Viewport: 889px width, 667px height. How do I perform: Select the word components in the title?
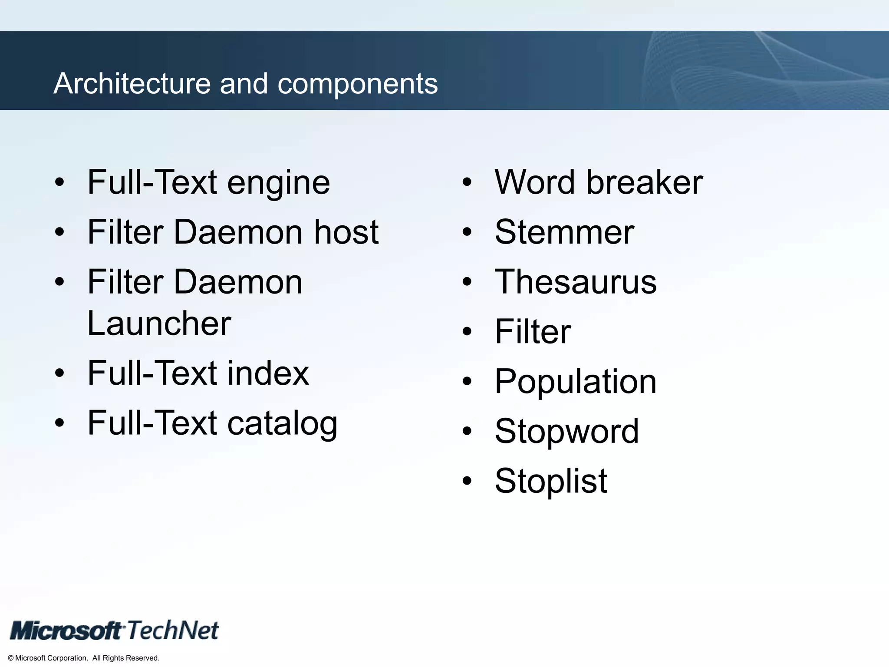(x=357, y=84)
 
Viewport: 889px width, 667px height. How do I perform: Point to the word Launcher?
(x=159, y=324)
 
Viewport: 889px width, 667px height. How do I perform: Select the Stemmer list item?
(x=564, y=232)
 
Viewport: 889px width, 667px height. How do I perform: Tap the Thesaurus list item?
(x=576, y=282)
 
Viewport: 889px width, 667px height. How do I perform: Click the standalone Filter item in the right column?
(x=533, y=332)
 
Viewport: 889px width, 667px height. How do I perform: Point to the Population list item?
(x=576, y=382)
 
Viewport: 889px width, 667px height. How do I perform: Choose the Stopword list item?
(x=566, y=431)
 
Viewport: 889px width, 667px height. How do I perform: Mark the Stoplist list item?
(x=551, y=481)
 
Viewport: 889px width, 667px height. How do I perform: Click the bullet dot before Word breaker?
(x=467, y=182)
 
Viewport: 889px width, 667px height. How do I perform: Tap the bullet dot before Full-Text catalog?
(x=59, y=423)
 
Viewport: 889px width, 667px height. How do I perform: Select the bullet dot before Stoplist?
(x=467, y=481)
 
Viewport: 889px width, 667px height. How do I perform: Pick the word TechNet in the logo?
(x=173, y=630)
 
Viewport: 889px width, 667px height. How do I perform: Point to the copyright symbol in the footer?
(x=11, y=658)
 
